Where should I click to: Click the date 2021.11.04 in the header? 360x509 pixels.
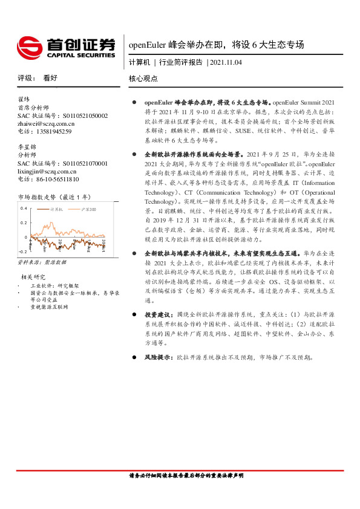[x=226, y=62]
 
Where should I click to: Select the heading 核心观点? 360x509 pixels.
[x=143, y=79]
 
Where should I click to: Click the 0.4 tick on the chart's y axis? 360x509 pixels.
[x=24, y=208]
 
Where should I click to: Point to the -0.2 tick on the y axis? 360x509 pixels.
[x=22, y=251]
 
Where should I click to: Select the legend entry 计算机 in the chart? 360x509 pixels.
[x=56, y=209]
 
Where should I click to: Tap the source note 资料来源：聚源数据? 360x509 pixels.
[x=42, y=262]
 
